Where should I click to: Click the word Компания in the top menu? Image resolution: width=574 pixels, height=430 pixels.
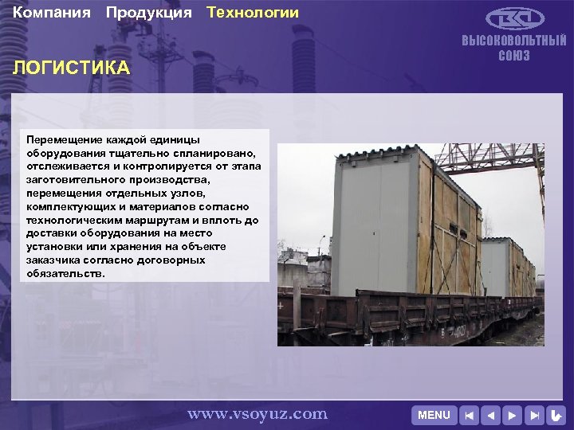tap(52, 13)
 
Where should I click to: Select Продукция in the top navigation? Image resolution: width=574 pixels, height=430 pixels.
tap(148, 13)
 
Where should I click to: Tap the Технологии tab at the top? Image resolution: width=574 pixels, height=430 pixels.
tap(253, 13)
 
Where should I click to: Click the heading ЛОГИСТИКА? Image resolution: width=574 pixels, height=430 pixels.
tap(71, 68)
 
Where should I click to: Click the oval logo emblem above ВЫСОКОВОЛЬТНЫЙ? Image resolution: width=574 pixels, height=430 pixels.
tap(515, 18)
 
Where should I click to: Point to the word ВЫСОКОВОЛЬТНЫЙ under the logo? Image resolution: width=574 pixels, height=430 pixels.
tap(514, 41)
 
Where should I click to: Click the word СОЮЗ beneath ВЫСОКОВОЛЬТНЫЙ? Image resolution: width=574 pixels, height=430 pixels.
tap(514, 56)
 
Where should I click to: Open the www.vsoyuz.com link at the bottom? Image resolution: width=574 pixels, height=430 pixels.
tap(257, 413)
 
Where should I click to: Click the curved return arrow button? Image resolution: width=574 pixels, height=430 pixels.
tap(556, 415)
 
